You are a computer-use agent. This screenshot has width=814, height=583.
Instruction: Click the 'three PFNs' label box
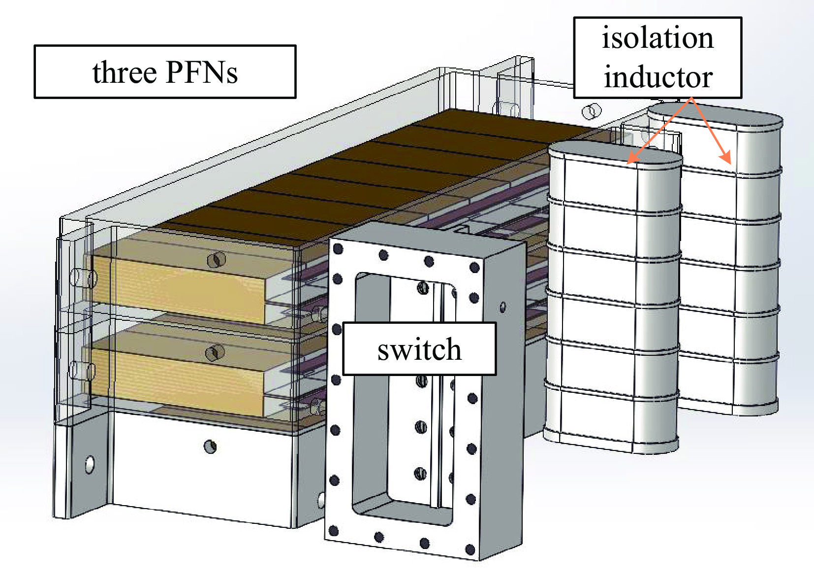165,72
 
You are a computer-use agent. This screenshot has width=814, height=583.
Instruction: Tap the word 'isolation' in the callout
657,38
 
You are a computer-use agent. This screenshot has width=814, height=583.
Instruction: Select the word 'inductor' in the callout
658,77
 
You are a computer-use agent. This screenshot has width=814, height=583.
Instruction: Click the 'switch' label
419,349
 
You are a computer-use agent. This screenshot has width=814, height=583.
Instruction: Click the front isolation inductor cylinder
613,306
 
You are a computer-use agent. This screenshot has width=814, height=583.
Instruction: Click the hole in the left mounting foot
90,464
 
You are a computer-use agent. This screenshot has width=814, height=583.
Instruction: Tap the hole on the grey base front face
210,446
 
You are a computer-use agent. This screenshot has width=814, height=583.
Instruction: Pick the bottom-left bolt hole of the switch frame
333,531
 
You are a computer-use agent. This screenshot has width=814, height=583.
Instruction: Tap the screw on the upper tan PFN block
215,260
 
